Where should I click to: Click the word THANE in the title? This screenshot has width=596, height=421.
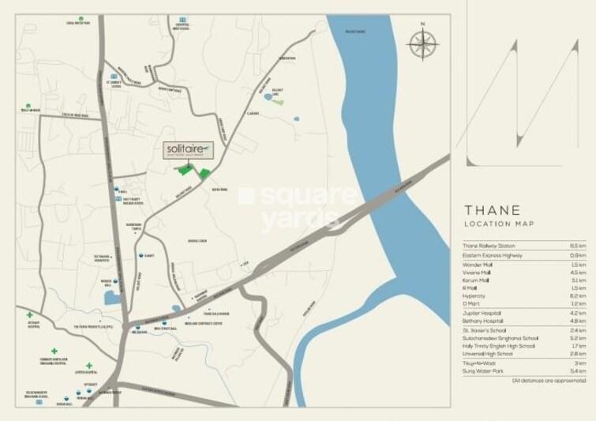tap(491, 210)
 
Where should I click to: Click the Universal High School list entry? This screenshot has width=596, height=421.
tap(490, 355)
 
